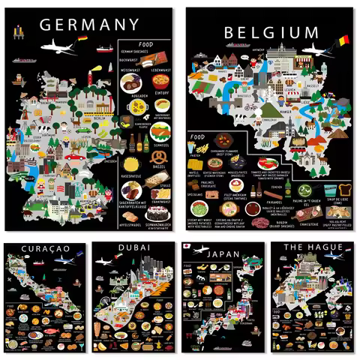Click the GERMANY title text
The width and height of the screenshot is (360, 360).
[89, 24]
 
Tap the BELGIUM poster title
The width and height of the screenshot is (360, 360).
[271, 32]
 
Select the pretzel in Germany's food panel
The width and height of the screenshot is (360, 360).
[159, 158]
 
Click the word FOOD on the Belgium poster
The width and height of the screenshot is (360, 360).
[198, 137]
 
